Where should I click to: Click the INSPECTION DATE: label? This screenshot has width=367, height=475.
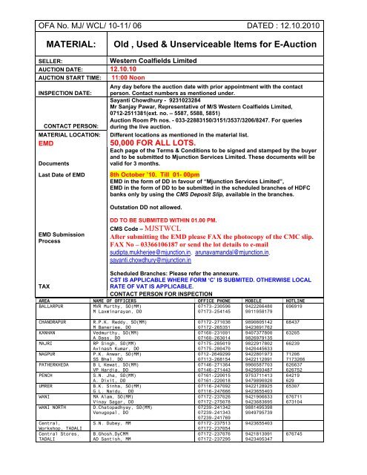click(x=36, y=94)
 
